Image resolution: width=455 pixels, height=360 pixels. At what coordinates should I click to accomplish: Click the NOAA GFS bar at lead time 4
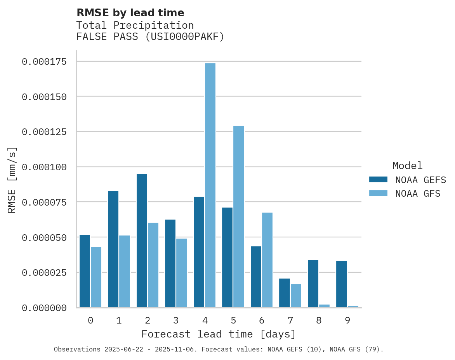(x=210, y=185)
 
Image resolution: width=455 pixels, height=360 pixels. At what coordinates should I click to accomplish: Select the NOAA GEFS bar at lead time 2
(x=142, y=241)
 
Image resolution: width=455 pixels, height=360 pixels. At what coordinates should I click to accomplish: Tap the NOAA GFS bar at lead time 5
(x=239, y=216)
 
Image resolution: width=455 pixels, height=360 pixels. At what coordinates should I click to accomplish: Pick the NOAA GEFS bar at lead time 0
(x=85, y=271)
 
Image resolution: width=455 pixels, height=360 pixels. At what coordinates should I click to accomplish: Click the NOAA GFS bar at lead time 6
(x=267, y=260)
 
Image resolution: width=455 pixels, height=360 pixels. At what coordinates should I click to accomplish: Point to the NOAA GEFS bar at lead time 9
(x=342, y=284)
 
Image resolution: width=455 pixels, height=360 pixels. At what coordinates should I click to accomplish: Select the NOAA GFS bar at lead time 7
(x=296, y=296)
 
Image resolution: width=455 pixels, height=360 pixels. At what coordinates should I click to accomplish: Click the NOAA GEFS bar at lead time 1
(x=113, y=249)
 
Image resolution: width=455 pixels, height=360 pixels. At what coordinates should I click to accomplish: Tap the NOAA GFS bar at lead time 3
(x=182, y=273)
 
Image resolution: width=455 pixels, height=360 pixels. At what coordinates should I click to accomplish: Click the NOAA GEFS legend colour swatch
(x=378, y=179)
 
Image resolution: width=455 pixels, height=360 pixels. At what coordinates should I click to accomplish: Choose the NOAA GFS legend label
(x=418, y=194)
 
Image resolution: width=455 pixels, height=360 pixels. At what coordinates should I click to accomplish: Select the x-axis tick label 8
(x=319, y=320)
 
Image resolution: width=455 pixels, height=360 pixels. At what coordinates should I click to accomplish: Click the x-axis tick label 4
(x=205, y=320)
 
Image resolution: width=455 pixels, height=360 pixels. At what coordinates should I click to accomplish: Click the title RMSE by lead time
(x=130, y=13)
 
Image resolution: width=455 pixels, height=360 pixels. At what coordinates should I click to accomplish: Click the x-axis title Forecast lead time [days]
(x=219, y=334)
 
